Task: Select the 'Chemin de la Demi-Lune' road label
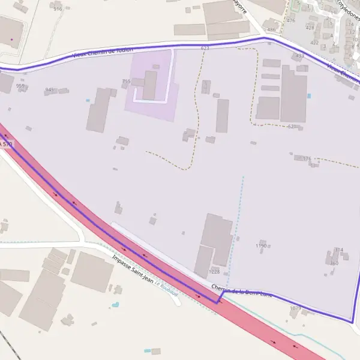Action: pyautogui.click(x=242, y=292)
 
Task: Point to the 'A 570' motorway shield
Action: pyautogui.click(x=5, y=145)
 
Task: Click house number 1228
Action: pyautogui.click(x=214, y=272)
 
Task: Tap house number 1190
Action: pyautogui.click(x=261, y=246)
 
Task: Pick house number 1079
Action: pyautogui.click(x=295, y=308)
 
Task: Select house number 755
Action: pyautogui.click(x=126, y=81)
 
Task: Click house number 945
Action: pyautogui.click(x=49, y=90)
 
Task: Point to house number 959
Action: pyautogui.click(x=20, y=86)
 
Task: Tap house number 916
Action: pyautogui.click(x=58, y=9)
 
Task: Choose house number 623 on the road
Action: pyautogui.click(x=205, y=47)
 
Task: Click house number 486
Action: pyautogui.click(x=271, y=29)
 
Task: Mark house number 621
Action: pyautogui.click(x=292, y=126)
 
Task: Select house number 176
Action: pyautogui.click(x=307, y=158)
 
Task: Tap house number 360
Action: pyautogui.click(x=334, y=263)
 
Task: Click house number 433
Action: pyautogui.click(x=300, y=55)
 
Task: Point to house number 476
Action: pyautogui.click(x=291, y=20)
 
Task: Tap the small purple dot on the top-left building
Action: pyautogui.click(x=11, y=40)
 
